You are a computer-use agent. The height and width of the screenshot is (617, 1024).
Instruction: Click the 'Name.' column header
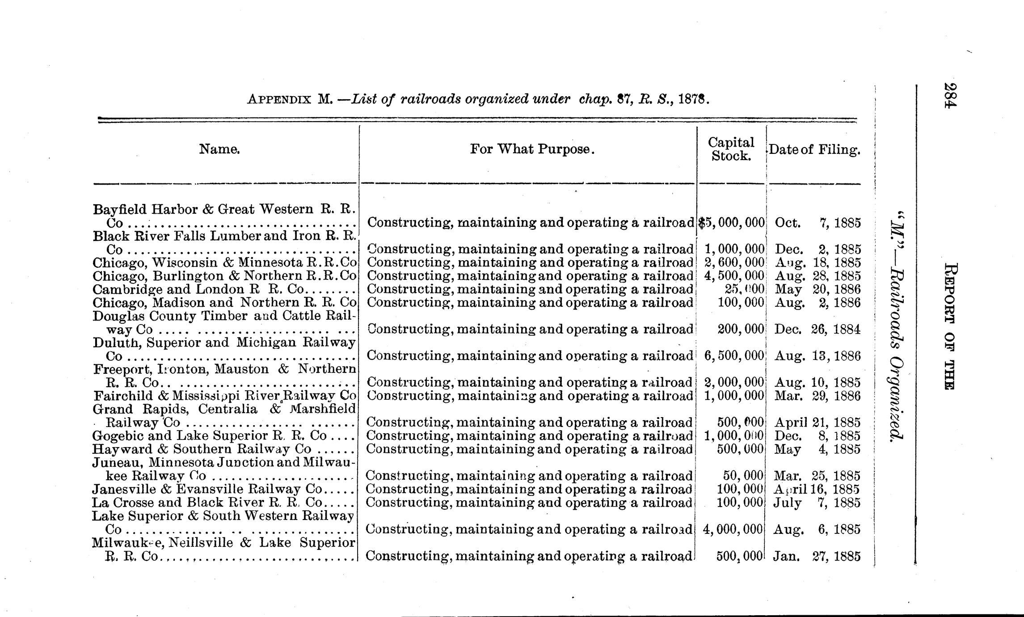pos(219,149)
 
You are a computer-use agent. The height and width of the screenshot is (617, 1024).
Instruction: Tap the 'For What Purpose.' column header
pos(532,149)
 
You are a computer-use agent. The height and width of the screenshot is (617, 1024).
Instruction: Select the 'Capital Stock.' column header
pos(731,149)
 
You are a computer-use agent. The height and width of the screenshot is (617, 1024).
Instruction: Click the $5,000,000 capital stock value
pos(731,223)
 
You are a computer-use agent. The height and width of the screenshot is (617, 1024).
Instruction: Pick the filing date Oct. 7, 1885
pos(818,223)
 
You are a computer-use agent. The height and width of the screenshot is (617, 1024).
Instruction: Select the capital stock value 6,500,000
pos(734,356)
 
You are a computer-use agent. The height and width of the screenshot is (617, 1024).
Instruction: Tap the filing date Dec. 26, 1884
pos(818,330)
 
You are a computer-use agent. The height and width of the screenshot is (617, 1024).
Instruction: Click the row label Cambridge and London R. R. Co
pos(223,289)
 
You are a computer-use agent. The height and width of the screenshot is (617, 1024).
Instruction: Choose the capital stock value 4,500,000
pos(734,276)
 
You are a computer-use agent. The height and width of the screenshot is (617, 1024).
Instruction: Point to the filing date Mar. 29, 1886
pos(818,396)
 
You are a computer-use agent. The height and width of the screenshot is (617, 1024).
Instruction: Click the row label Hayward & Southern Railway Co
pos(223,449)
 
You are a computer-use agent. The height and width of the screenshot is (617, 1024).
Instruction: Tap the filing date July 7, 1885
pos(818,503)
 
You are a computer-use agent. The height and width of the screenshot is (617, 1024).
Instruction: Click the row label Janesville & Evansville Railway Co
pos(223,489)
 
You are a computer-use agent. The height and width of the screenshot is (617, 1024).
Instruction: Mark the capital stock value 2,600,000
pos(734,262)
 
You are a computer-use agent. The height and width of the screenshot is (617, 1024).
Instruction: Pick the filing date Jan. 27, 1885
pos(818,556)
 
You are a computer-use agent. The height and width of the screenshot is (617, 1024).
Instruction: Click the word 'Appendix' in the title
pos(279,99)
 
